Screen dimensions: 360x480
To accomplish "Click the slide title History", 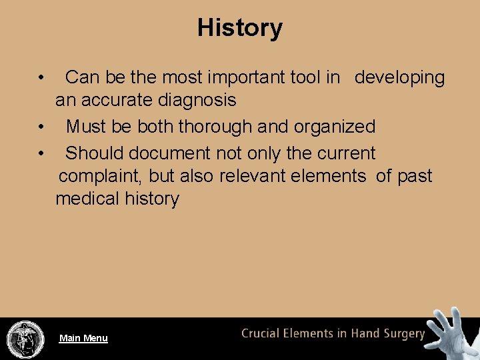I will click(240, 28).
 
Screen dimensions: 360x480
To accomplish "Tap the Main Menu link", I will click(83, 338).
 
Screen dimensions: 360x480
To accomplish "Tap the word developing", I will click(399, 78).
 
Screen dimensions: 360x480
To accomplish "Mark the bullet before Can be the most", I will click(41, 77).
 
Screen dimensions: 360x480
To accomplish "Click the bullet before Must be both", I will click(41, 127).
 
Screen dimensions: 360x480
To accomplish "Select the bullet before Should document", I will click(41, 153).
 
